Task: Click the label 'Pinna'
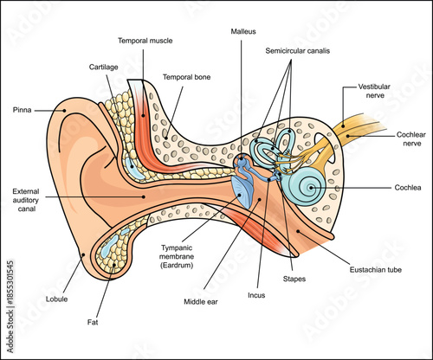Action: [24, 110]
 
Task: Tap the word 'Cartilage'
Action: [103, 66]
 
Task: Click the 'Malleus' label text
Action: [244, 30]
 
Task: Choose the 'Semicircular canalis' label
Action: [307, 51]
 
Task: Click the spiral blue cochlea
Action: [307, 183]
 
